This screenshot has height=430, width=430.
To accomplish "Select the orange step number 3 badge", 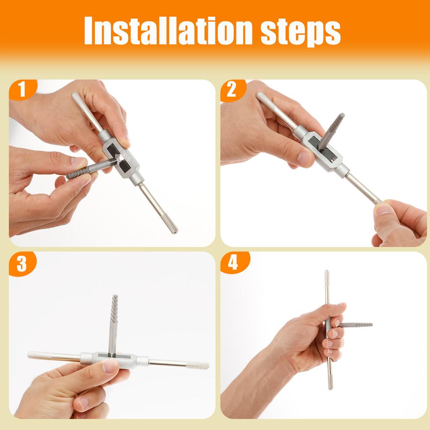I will point(22,263).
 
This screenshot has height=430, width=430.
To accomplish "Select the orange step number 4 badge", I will point(233,263).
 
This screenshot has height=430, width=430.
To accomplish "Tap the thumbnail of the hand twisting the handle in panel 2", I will point(383,209).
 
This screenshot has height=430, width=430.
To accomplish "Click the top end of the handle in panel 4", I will point(327,275).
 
